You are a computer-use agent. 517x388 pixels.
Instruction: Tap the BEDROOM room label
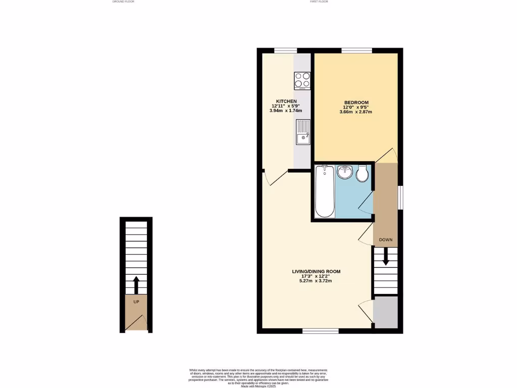click(x=356, y=103)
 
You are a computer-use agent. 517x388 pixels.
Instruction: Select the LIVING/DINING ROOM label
click(x=316, y=271)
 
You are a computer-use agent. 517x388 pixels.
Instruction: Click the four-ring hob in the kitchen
click(x=302, y=81)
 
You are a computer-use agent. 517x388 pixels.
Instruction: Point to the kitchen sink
click(x=303, y=132)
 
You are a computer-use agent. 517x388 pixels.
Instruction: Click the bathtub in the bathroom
click(x=324, y=192)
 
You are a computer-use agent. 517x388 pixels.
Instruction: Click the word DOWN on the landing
click(x=386, y=239)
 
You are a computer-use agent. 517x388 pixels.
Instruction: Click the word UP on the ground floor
click(x=136, y=302)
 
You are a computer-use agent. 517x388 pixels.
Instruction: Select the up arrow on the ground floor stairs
click(x=136, y=284)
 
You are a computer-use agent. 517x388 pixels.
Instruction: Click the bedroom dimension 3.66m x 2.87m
click(x=356, y=112)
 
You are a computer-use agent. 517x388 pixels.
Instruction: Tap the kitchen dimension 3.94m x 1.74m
click(x=286, y=111)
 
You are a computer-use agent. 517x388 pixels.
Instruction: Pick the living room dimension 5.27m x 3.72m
click(x=316, y=281)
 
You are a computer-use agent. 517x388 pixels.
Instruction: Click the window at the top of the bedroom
click(x=356, y=50)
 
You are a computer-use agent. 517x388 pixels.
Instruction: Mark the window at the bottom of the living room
click(x=320, y=331)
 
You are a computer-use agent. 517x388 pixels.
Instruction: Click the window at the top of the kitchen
click(x=285, y=50)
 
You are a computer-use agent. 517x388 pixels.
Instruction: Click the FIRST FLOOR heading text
click(x=319, y=2)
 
